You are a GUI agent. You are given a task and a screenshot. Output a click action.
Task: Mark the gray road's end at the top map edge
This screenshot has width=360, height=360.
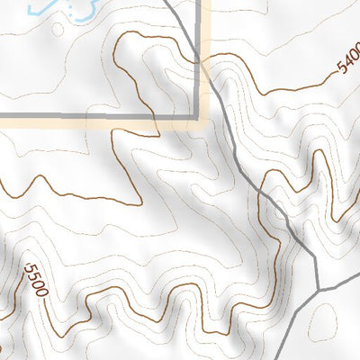click(x=167, y=1)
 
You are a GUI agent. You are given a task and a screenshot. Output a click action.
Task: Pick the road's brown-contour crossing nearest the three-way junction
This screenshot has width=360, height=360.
click(x=262, y=193)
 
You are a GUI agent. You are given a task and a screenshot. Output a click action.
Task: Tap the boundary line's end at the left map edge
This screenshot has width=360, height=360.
click(x=1, y=115)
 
